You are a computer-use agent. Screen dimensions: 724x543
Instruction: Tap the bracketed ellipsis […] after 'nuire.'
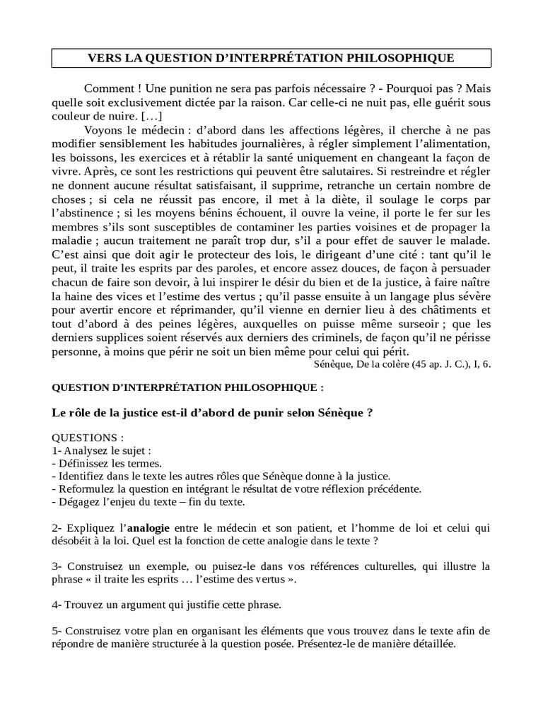(x=152, y=115)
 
